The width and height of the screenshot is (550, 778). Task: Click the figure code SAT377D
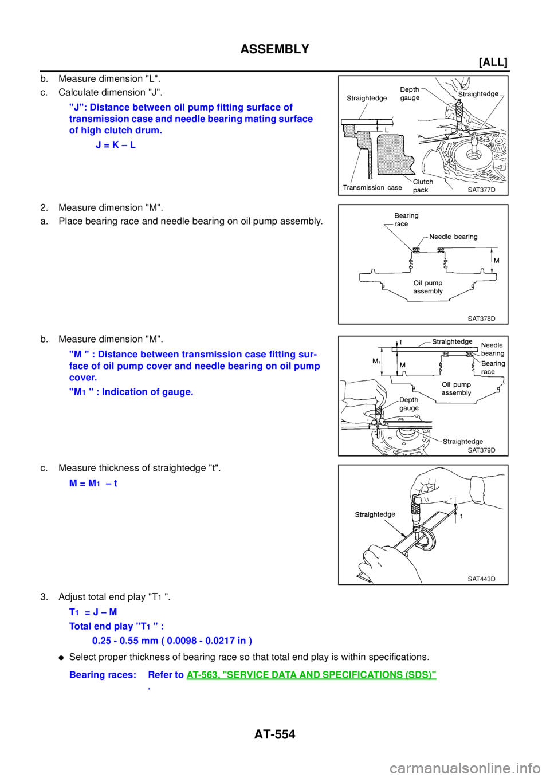[x=481, y=190]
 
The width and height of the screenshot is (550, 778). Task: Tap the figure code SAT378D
[x=481, y=319]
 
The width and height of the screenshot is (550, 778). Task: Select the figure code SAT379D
[x=481, y=450]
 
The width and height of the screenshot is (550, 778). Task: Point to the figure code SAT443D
[x=481, y=579]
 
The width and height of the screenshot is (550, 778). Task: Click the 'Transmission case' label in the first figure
[x=372, y=187]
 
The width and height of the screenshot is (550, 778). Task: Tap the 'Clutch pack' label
[x=423, y=186]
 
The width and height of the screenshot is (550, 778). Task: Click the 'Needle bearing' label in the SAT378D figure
[x=453, y=237]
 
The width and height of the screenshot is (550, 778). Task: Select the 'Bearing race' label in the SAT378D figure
[x=406, y=219]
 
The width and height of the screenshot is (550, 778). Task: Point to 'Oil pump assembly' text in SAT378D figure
[x=428, y=287]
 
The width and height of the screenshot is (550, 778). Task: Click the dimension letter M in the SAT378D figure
[x=496, y=261]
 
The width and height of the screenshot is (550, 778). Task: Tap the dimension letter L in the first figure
[x=387, y=131]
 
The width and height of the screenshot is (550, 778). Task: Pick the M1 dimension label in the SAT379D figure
[x=376, y=361]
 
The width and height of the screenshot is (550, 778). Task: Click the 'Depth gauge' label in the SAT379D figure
[x=409, y=404]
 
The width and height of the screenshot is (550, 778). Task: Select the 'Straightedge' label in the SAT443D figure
[x=375, y=514]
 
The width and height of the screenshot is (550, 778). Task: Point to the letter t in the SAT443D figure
[x=461, y=516]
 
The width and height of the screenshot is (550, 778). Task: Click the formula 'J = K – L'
[x=116, y=145]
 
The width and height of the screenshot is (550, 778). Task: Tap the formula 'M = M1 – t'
[x=93, y=484]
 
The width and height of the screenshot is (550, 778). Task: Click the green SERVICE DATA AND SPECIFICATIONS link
[x=312, y=675]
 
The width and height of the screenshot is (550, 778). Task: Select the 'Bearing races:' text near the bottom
[x=103, y=675]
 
